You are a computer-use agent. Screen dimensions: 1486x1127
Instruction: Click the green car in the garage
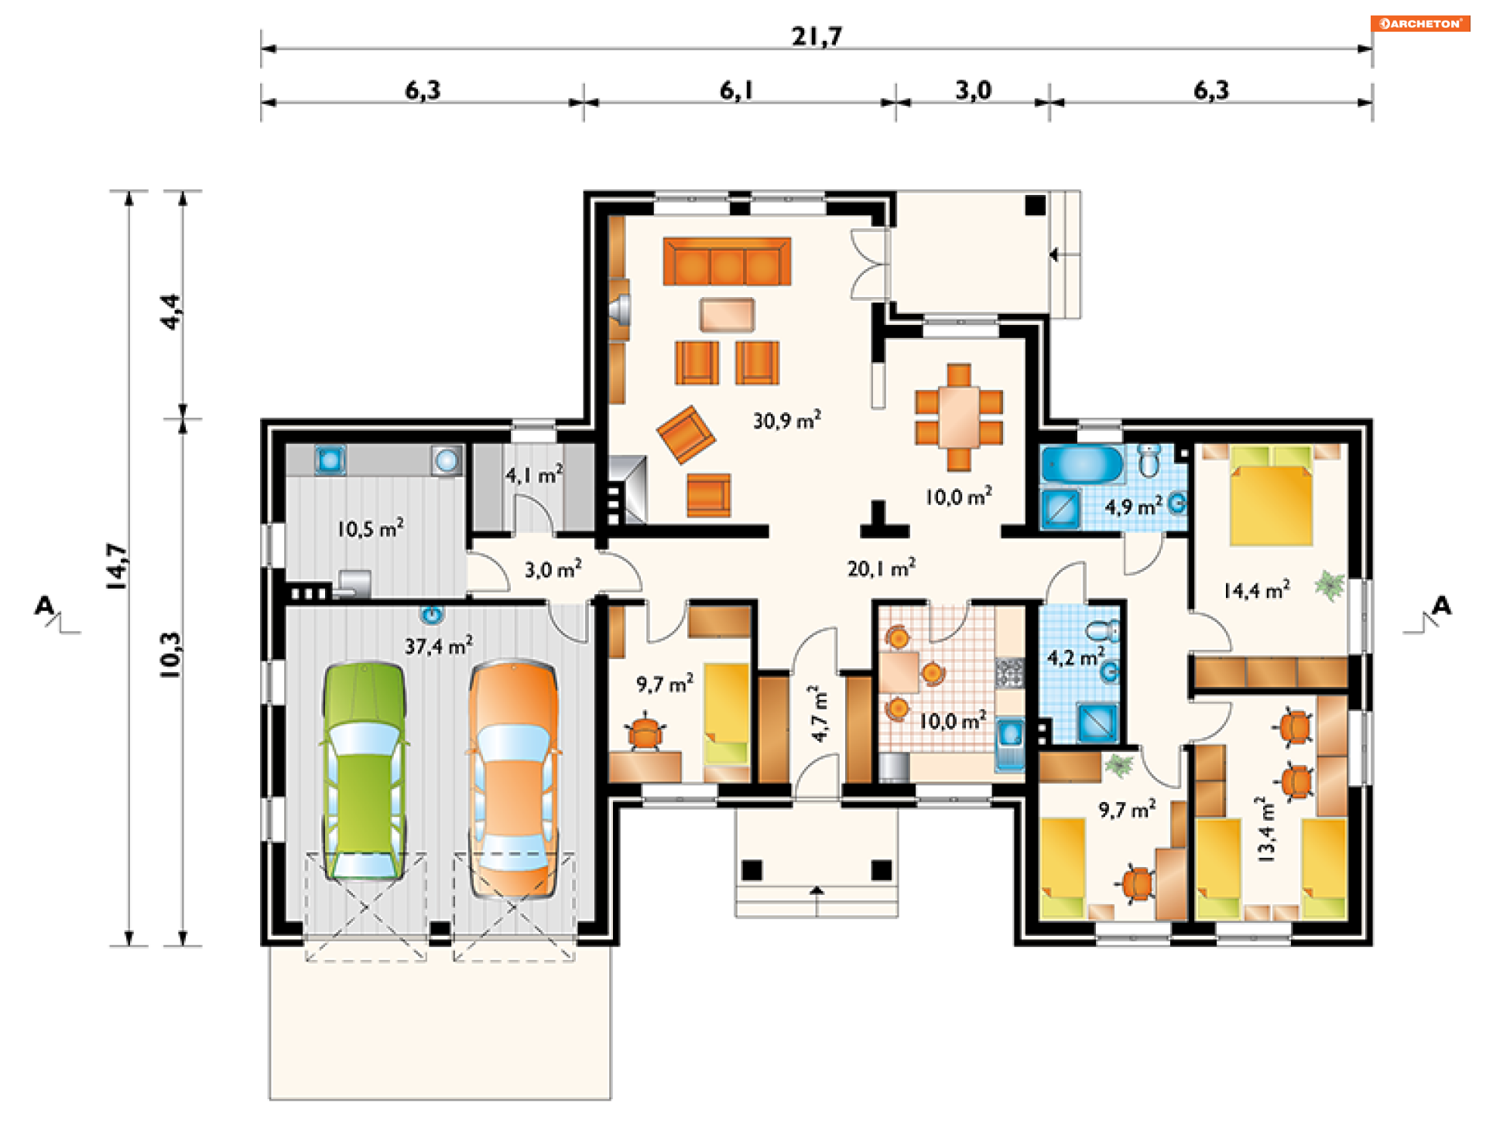[364, 770]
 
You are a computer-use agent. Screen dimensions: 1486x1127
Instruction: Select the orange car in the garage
[513, 778]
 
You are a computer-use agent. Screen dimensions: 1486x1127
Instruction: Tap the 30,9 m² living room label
[787, 420]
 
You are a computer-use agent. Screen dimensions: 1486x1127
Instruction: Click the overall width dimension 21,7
[817, 36]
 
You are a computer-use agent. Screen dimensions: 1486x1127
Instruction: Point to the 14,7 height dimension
[117, 567]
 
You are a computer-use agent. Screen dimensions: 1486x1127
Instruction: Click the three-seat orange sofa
[727, 261]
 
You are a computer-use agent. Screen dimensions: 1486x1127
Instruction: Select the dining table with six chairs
[959, 418]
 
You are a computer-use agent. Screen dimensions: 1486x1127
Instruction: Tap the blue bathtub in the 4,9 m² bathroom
[1081, 464]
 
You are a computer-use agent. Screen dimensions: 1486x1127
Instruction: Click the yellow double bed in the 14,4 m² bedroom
[1270, 495]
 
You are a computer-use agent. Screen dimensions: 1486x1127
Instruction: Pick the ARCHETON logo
[1420, 24]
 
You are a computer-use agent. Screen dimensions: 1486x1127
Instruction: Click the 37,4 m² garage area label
[439, 645]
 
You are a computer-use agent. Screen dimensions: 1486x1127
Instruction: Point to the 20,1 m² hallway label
[882, 569]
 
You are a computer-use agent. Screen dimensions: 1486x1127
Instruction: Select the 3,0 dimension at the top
[974, 91]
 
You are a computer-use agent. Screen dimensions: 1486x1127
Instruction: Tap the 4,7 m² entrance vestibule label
[819, 714]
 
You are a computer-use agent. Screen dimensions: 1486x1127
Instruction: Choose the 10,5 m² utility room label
[370, 529]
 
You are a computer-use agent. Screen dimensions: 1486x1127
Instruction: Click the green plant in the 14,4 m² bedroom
[1330, 586]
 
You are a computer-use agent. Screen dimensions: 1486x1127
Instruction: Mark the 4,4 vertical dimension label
[171, 312]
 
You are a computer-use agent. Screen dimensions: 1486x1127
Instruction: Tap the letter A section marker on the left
[45, 605]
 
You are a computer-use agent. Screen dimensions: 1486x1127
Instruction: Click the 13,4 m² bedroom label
[1265, 829]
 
